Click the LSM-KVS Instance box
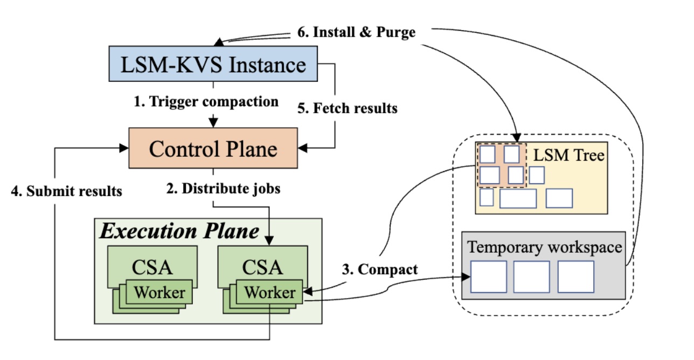click(x=214, y=65)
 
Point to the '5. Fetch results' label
click(x=348, y=108)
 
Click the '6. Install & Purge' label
click(x=357, y=32)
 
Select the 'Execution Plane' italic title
click(x=179, y=231)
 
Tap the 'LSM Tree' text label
click(x=569, y=156)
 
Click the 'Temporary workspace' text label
click(x=544, y=247)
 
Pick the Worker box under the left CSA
click(x=159, y=293)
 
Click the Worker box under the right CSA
click(x=270, y=293)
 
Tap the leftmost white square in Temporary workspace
click(x=489, y=276)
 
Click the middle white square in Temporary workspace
click(x=531, y=276)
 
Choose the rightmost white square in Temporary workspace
click(x=575, y=276)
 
